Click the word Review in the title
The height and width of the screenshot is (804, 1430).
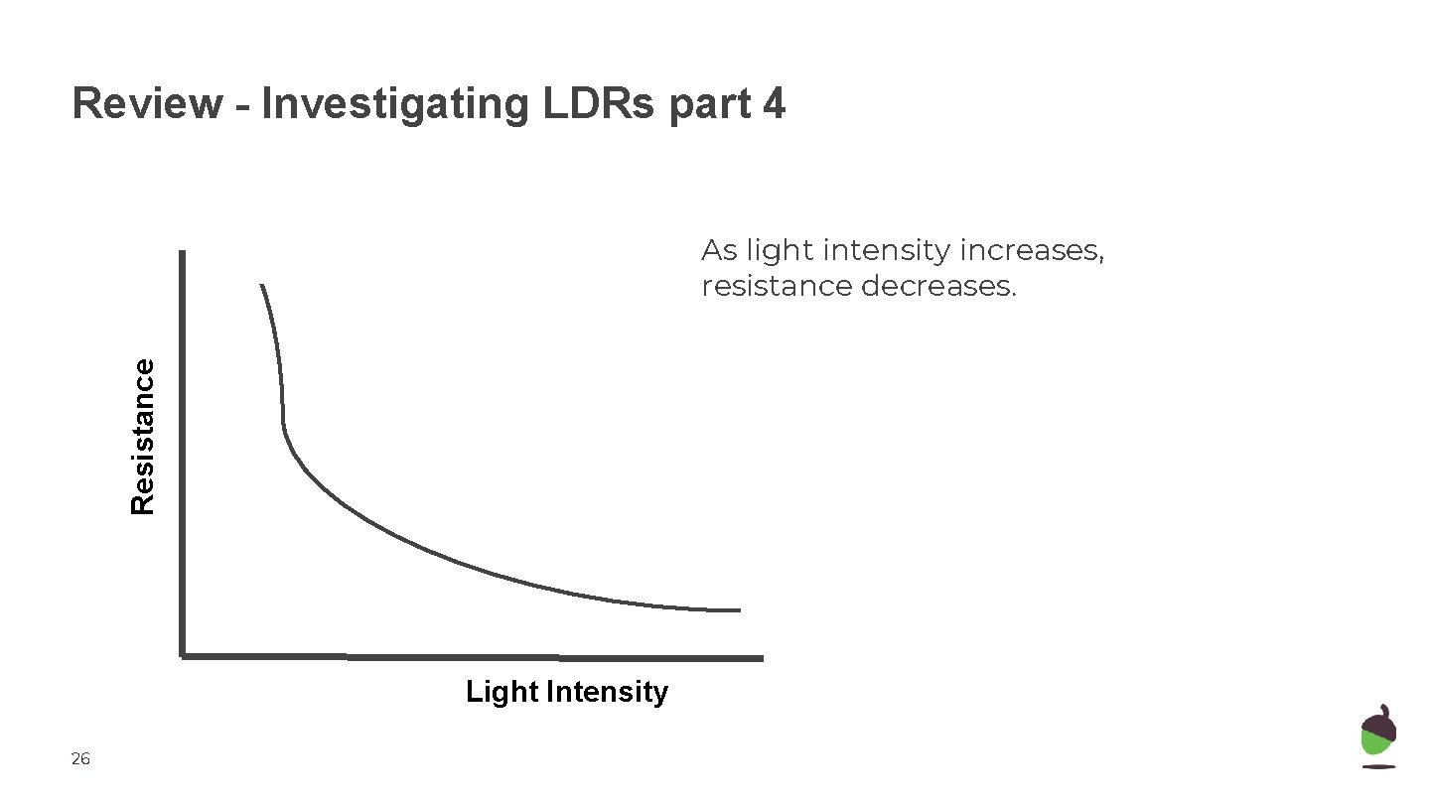click(x=147, y=104)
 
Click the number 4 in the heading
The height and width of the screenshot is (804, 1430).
click(x=774, y=104)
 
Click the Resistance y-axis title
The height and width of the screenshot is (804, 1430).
click(x=144, y=437)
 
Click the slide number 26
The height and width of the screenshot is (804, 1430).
click(x=80, y=759)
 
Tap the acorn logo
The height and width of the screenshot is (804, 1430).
click(x=1378, y=737)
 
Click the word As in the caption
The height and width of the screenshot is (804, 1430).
click(x=719, y=251)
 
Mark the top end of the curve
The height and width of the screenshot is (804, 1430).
click(x=262, y=286)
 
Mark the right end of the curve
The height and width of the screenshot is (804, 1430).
click(x=739, y=610)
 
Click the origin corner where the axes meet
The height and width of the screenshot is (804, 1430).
click(x=184, y=655)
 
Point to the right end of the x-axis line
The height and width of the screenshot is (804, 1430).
click(x=761, y=657)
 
